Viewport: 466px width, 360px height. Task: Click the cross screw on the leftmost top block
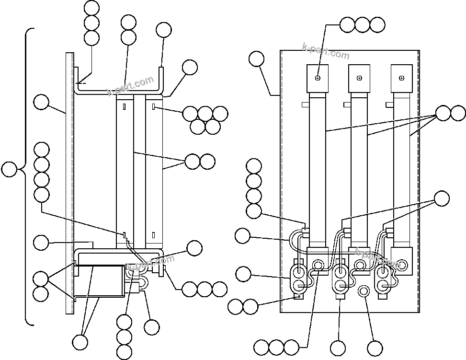pyautogui.click(x=318, y=78)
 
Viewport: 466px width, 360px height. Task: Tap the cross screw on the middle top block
pyautogui.click(x=359, y=78)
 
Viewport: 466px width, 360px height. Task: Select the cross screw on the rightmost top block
pyautogui.click(x=401, y=78)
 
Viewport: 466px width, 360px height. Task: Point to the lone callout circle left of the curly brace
pyautogui.click(x=9, y=169)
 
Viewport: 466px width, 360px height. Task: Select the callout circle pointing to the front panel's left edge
pyautogui.click(x=257, y=59)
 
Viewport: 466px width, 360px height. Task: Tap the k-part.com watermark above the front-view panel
pyautogui.click(x=326, y=51)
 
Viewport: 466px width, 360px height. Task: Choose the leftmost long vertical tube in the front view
pyautogui.click(x=318, y=168)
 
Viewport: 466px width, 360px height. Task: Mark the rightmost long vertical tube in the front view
pyautogui.click(x=401, y=168)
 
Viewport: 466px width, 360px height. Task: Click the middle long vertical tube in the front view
pyautogui.click(x=359, y=168)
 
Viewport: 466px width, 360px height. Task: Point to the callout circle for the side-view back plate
pyautogui.click(x=41, y=102)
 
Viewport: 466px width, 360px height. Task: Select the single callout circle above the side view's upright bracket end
pyautogui.click(x=164, y=30)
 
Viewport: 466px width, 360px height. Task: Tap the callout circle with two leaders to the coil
pyautogui.click(x=80, y=342)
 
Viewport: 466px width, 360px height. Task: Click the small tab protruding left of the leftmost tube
pyautogui.click(x=305, y=104)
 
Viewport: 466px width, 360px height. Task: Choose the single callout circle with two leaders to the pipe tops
pyautogui.click(x=442, y=198)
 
